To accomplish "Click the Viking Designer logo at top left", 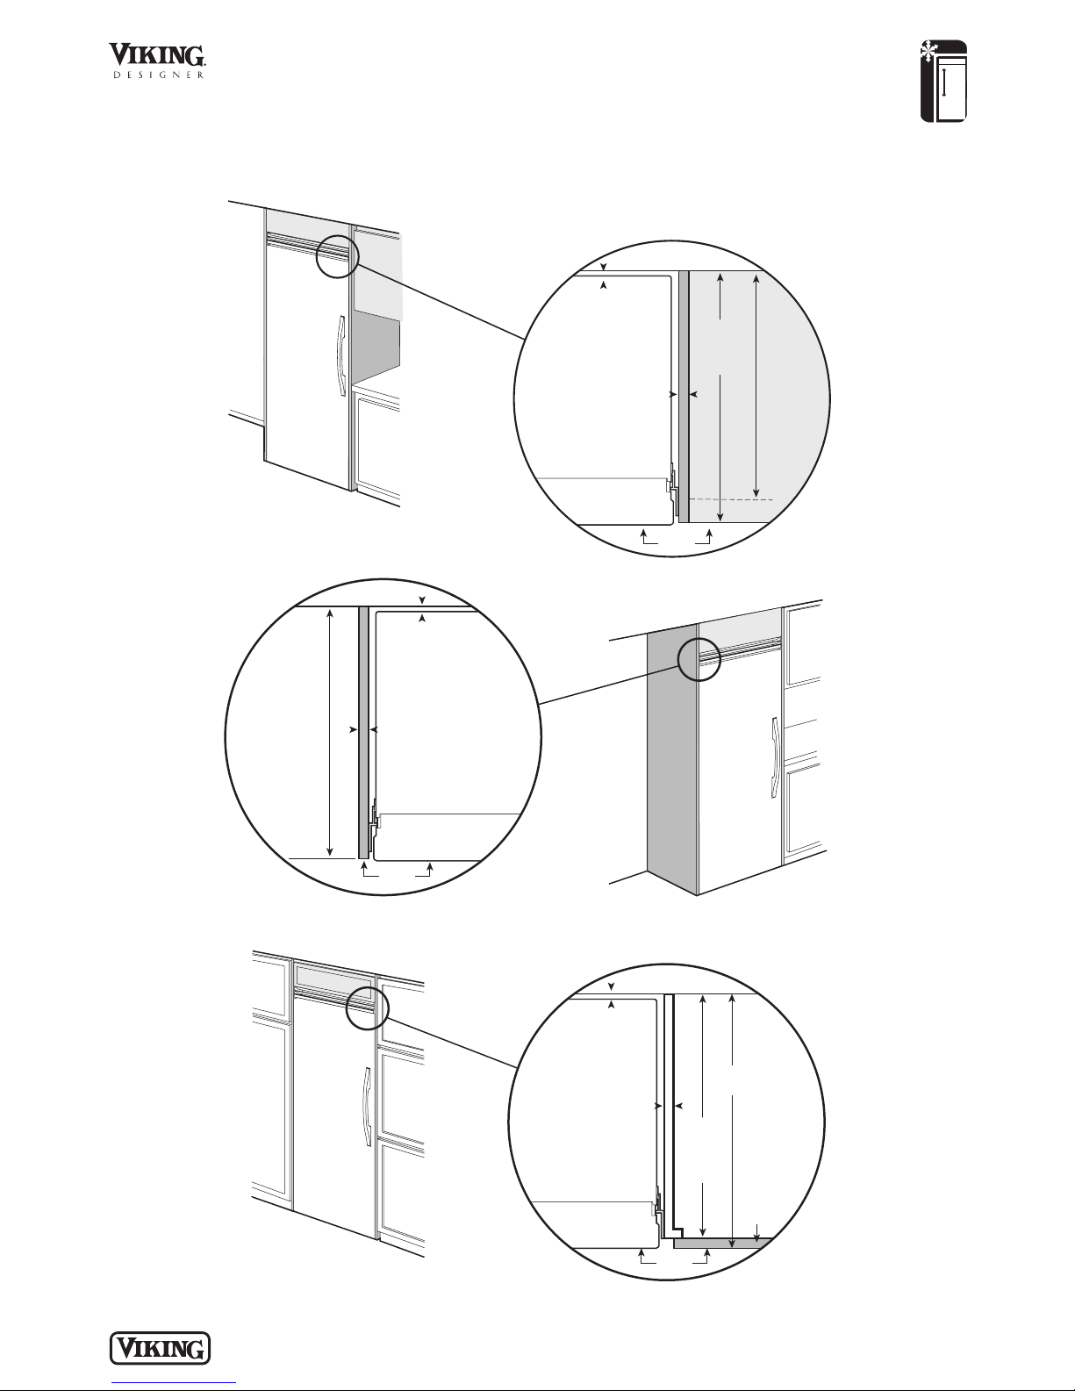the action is click(157, 61).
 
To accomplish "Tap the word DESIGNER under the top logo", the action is click(159, 75).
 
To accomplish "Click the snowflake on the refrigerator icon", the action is click(928, 51).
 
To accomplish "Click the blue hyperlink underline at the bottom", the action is click(174, 1383).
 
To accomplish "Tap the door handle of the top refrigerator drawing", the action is click(340, 349).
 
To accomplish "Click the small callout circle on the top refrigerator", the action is click(337, 256).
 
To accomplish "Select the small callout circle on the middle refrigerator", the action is click(699, 659).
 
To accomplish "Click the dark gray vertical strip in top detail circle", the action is click(684, 397).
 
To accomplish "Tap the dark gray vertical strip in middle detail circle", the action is click(362, 732).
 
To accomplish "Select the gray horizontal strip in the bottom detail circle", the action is click(721, 1244).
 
